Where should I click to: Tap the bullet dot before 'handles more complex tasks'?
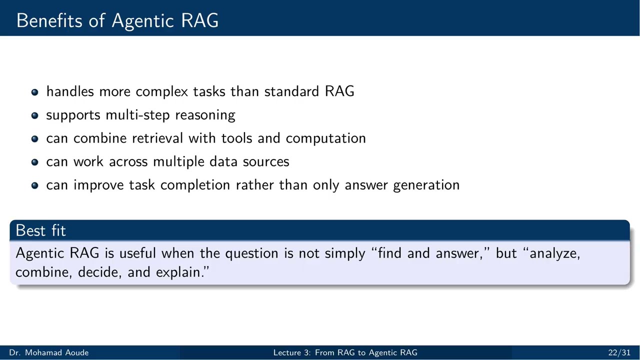tap(34, 92)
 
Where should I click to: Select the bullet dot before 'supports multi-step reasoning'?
tap(34, 115)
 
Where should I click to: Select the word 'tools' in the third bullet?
tap(237, 138)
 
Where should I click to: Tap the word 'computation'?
tap(325, 139)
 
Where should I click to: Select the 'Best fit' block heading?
tap(40, 230)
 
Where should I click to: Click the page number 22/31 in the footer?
tap(619, 353)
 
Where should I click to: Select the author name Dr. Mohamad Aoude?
tap(48, 353)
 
